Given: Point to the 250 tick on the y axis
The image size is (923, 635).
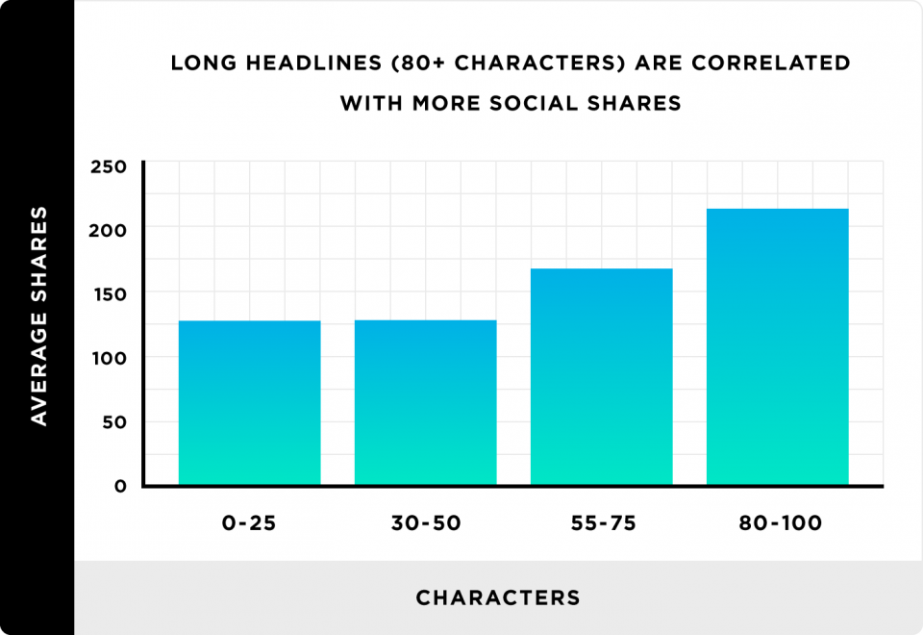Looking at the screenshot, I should [110, 167].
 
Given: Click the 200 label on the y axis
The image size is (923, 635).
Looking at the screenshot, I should [110, 230].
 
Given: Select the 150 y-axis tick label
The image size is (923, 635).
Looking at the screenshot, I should [110, 293].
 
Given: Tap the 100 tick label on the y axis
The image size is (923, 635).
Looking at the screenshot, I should [110, 358].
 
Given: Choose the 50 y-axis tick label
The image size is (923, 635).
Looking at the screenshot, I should [114, 422].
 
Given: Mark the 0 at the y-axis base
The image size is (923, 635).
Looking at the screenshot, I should [120, 486].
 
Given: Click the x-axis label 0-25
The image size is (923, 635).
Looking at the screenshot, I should [249, 524].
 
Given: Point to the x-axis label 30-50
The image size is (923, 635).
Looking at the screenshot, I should [425, 524].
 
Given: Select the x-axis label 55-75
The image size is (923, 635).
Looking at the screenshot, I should [601, 524].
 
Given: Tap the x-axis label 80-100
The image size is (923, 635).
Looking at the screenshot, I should [777, 524].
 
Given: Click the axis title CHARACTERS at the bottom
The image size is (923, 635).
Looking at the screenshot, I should [498, 598].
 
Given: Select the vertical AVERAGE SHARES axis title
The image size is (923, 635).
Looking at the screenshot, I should [38, 315].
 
